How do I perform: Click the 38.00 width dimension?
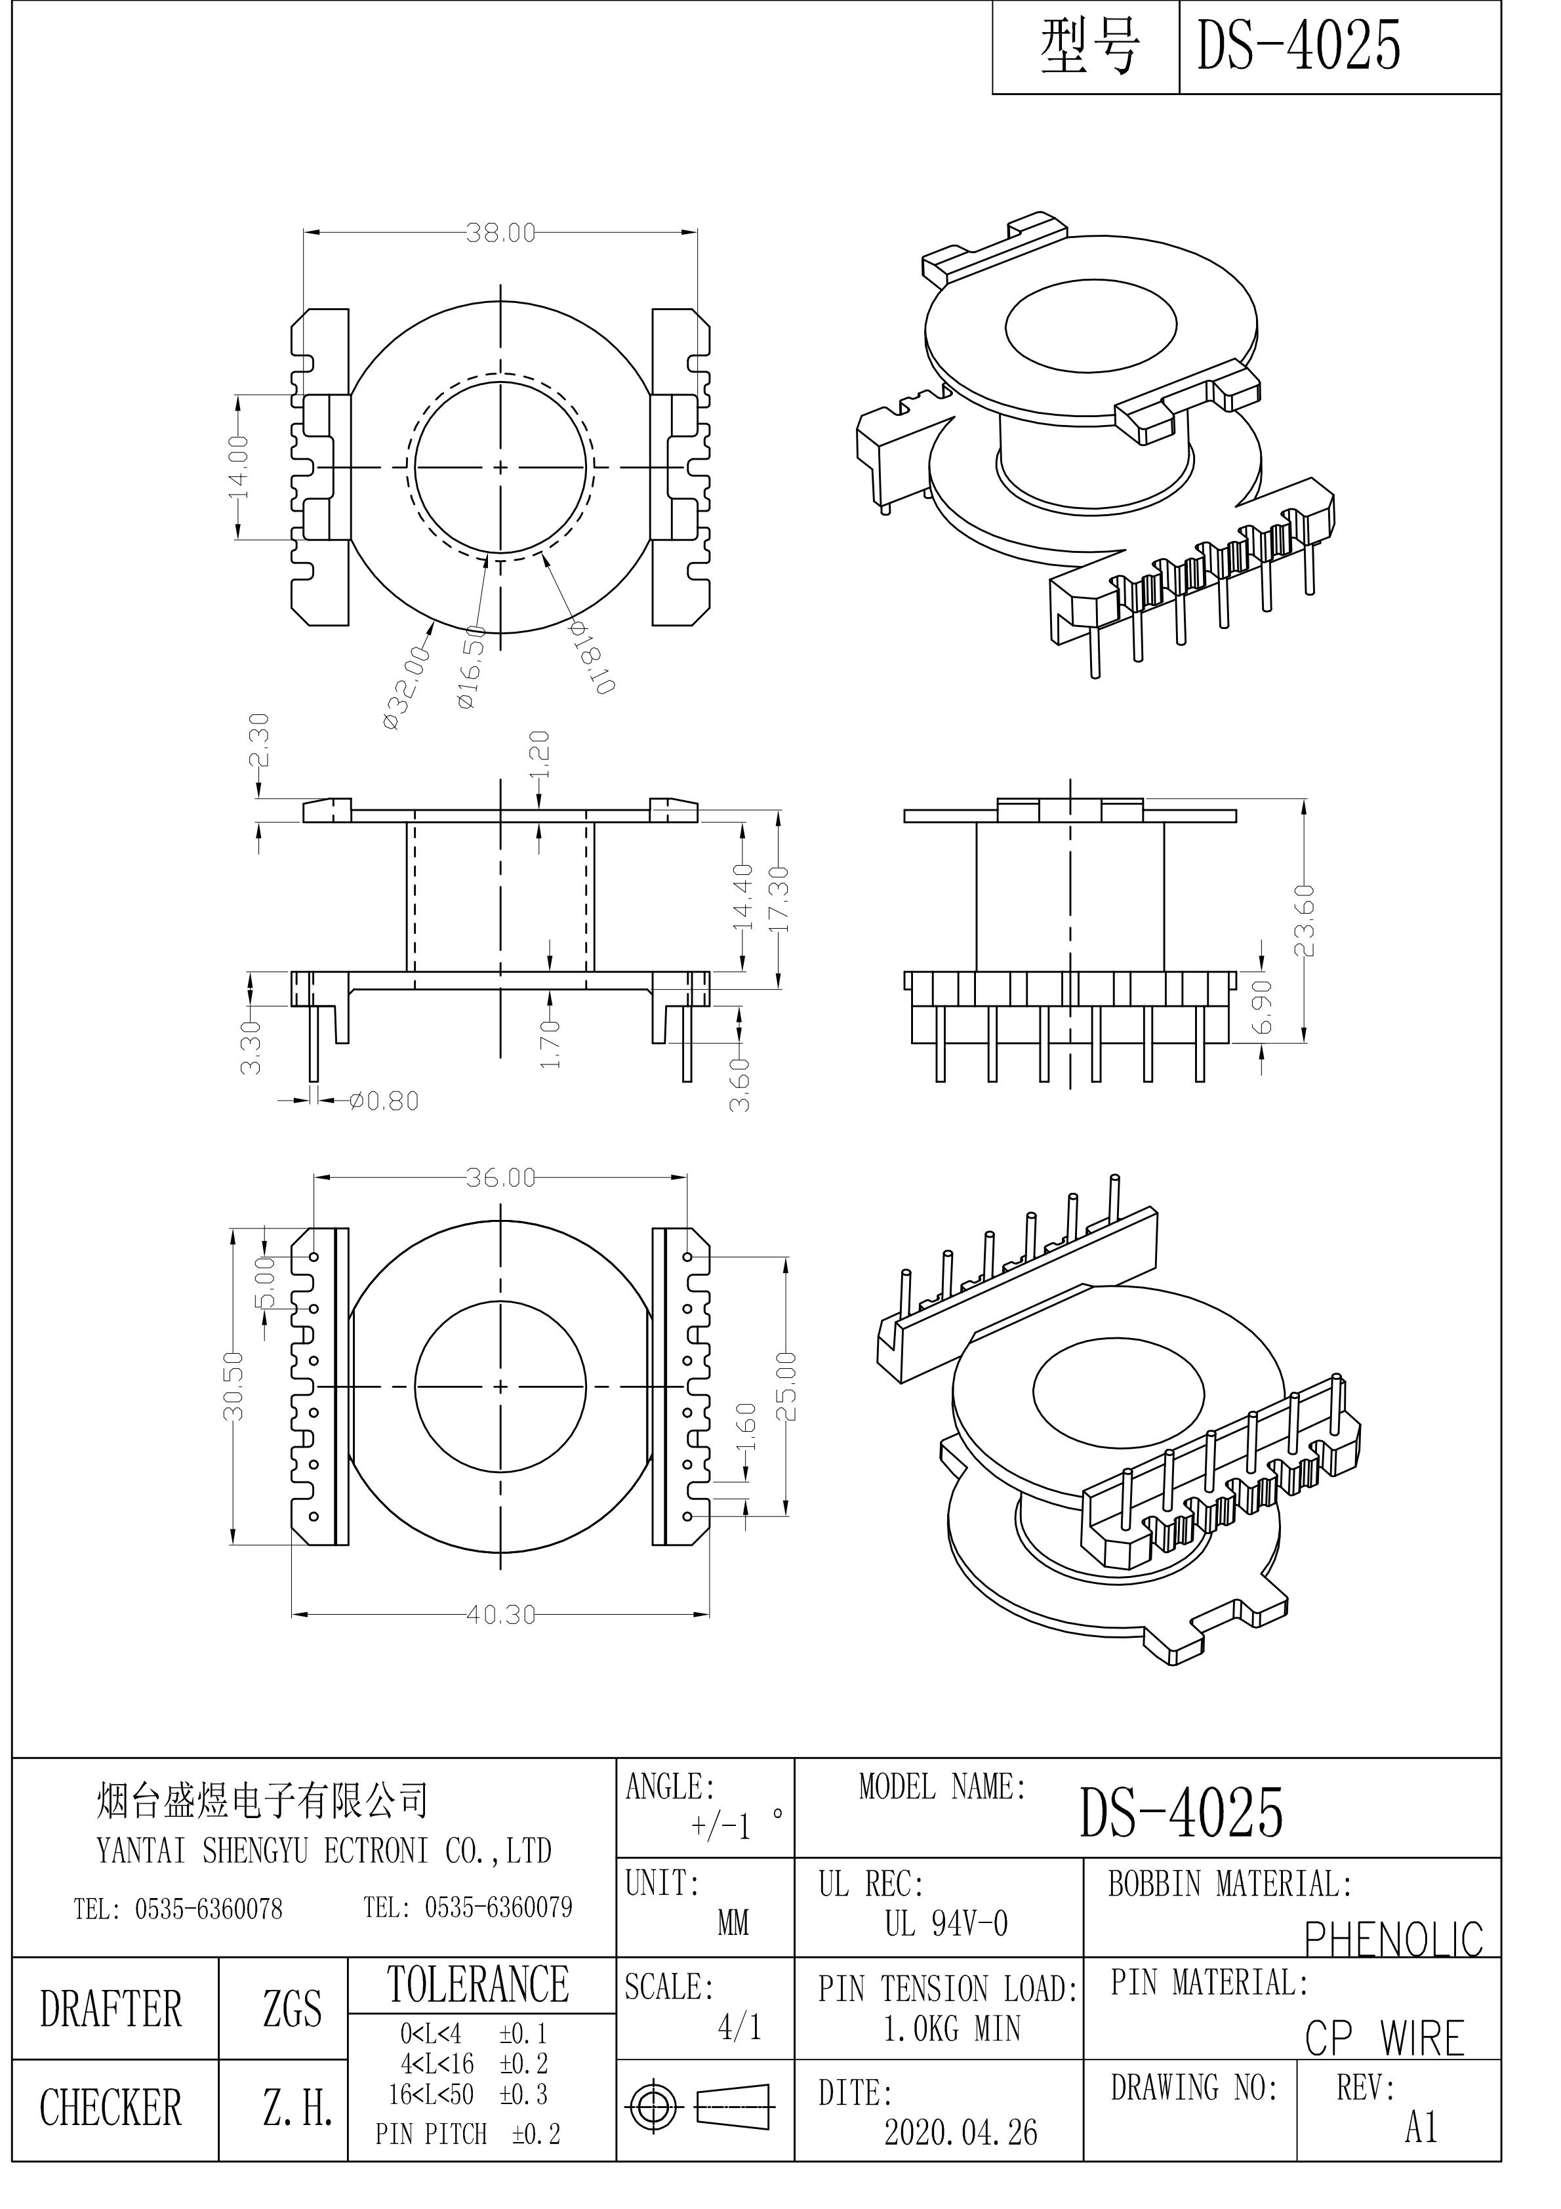click(500, 233)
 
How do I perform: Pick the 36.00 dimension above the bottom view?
click(500, 1177)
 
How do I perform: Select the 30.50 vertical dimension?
click(233, 1387)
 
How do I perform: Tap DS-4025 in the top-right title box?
click(1297, 45)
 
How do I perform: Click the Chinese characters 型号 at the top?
click(1089, 46)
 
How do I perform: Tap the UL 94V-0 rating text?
click(946, 1924)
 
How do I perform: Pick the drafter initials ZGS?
click(293, 2009)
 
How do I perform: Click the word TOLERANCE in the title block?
click(478, 1984)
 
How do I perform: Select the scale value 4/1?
click(739, 2027)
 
